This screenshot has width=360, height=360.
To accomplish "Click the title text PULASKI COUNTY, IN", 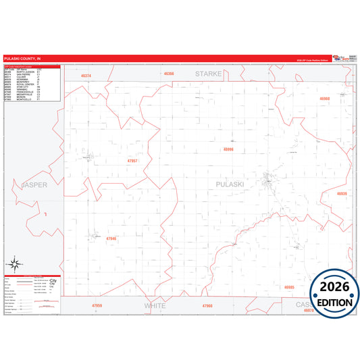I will pos(21,59).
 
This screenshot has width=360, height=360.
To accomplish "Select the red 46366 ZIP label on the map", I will pos(168,73).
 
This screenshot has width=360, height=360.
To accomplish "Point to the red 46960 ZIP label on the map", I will pos(325,99).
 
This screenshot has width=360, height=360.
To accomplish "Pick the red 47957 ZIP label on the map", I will pos(132,161).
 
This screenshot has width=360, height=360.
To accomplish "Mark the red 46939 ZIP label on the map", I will pos(342,194).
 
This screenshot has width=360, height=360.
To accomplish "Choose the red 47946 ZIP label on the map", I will pos(111,238).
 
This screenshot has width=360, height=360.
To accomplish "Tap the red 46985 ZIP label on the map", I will pos(290,287).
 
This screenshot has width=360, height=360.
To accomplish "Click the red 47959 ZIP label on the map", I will pos(97,306).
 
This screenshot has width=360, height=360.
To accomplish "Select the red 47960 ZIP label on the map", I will pos(207,306).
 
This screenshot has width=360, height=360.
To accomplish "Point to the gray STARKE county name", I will pos(208,73).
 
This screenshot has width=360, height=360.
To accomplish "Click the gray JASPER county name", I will pos(35,184).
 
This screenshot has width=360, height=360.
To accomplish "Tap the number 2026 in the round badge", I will pos(334,286).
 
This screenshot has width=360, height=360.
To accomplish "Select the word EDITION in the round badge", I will pos(334,300).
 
